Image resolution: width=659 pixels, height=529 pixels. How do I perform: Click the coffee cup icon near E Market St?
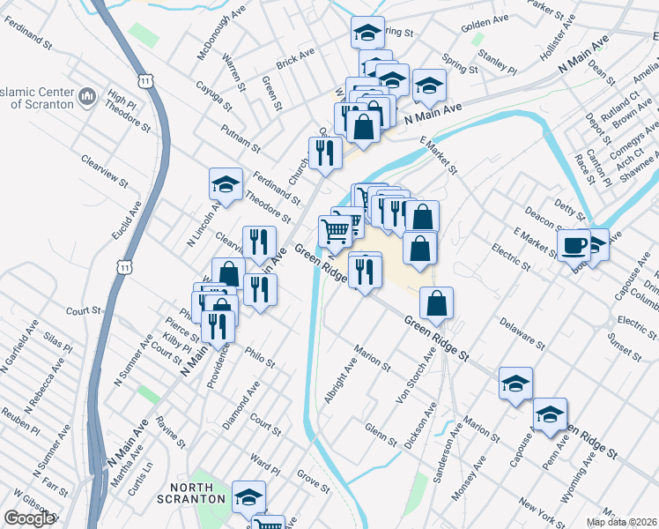tap(574, 244)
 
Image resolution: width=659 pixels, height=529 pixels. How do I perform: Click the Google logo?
tap(29, 518)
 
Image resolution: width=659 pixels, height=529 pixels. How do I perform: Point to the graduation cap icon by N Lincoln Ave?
tap(226, 184)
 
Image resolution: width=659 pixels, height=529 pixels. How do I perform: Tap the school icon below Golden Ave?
tap(367, 33)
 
